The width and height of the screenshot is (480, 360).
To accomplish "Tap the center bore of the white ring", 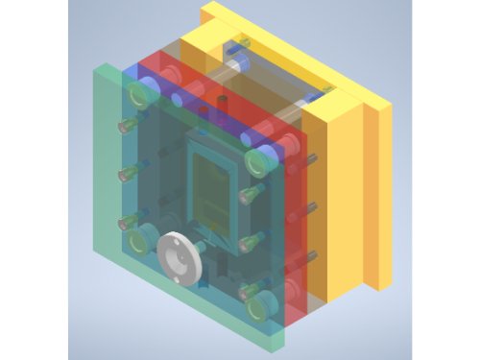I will [179, 256].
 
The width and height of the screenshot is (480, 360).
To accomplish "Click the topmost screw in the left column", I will [125, 125].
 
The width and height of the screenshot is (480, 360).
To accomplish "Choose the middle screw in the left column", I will [125, 174].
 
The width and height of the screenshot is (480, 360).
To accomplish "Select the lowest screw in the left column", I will [125, 223].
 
